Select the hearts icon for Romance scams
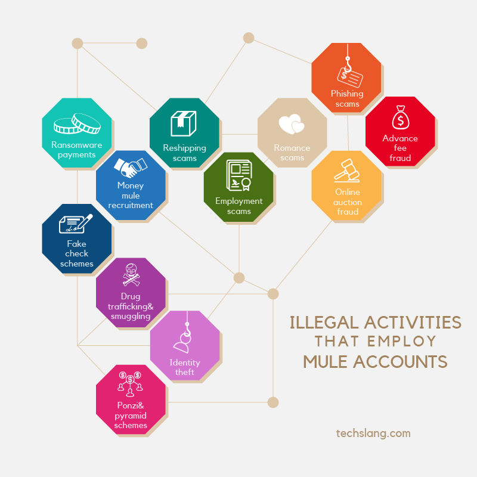point(292,125)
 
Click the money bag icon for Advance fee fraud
point(400,118)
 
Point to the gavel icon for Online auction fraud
point(346,171)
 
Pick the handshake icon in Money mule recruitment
point(130,166)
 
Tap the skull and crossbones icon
point(130,275)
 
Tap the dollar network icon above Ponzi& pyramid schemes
point(130,383)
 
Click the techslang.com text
point(373,433)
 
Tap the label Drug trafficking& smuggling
point(131,306)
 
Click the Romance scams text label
point(292,153)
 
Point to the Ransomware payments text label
point(76,150)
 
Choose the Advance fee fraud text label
point(400,148)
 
